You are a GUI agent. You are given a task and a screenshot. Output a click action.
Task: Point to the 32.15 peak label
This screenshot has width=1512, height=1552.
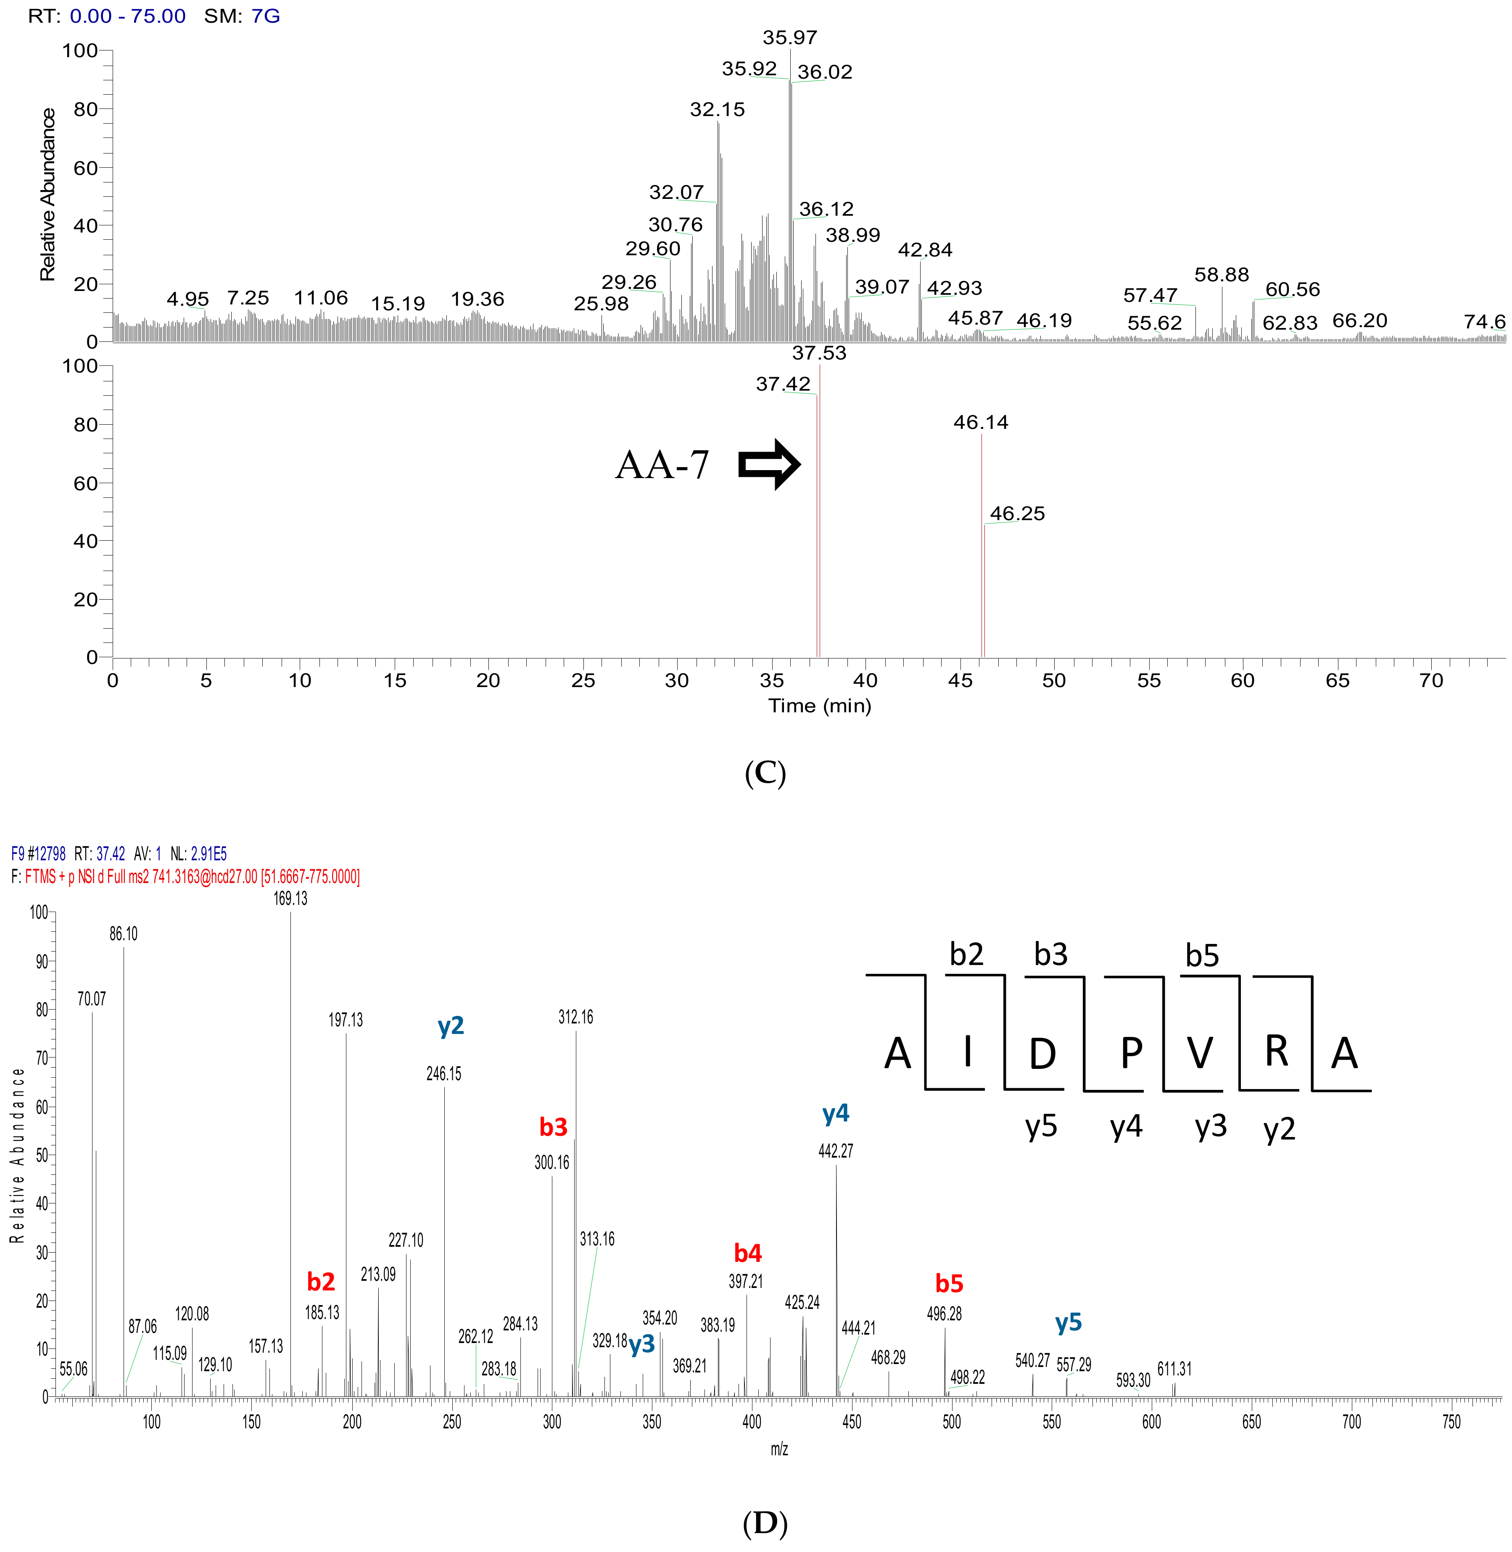717,110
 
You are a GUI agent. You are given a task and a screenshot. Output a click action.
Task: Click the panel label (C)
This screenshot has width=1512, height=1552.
765,773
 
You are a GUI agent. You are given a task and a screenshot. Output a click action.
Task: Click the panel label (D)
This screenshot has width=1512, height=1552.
765,1523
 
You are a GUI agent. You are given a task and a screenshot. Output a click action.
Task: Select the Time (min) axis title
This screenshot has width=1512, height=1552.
820,706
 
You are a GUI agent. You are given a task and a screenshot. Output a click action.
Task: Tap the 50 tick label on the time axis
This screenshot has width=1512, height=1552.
1054,681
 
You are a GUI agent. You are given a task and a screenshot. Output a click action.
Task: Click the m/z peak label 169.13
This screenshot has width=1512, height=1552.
290,898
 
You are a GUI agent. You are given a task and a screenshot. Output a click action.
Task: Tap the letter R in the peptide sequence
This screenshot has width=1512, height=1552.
1276,1052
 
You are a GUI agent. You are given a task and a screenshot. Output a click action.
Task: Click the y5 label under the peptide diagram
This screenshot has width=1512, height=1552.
1041,1126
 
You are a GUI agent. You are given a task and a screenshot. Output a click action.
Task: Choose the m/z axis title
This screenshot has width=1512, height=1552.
779,1449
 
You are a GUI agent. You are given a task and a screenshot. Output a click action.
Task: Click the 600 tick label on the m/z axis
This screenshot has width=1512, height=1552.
1151,1422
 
